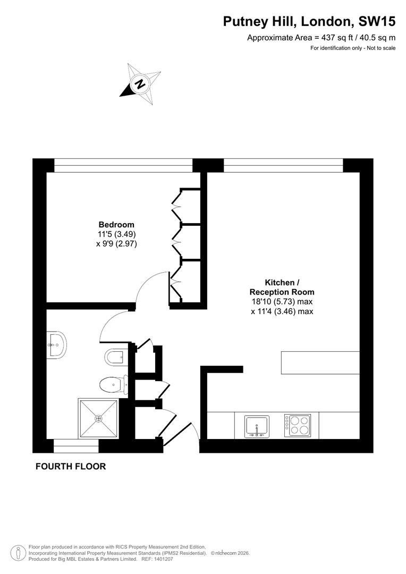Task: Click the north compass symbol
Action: pos(140,83)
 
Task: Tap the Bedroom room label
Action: pos(116,225)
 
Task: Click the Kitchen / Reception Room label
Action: pos(282,287)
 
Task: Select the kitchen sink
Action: pos(257,426)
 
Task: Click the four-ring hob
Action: pos(297,425)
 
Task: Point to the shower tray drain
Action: pos(98,418)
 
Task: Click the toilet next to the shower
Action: pos(112,383)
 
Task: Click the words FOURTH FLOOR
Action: pos(71,467)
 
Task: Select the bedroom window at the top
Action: pos(123,165)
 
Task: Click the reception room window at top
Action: pos(283,165)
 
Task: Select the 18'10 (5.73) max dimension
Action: pos(282,302)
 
